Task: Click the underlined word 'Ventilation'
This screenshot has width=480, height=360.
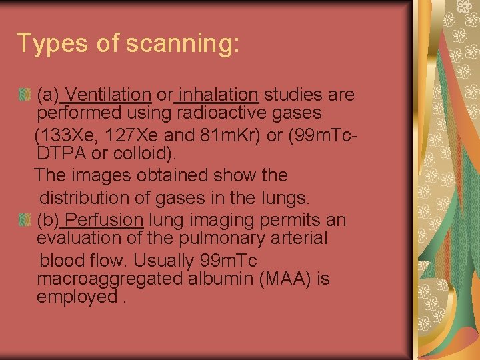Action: pyautogui.click(x=109, y=95)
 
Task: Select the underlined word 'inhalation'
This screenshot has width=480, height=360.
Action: pyautogui.click(x=219, y=95)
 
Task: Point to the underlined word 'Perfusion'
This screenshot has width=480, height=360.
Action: pyautogui.click(x=105, y=220)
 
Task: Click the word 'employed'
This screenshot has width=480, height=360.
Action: pyautogui.click(x=77, y=297)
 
